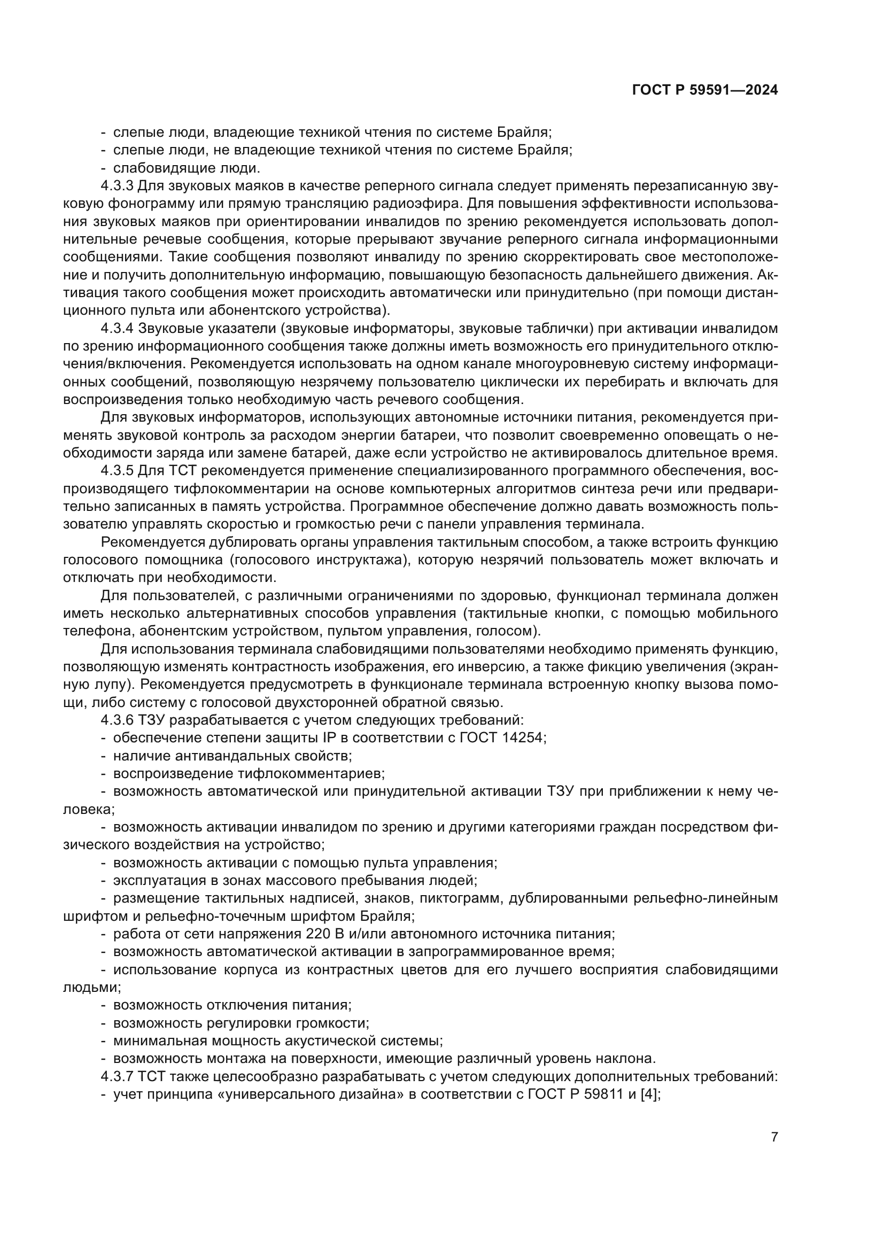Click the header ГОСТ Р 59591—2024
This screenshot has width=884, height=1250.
[x=705, y=90]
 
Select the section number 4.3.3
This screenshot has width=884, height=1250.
[x=117, y=185]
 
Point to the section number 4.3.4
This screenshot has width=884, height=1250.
[x=117, y=328]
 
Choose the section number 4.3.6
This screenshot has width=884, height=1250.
[x=117, y=720]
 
